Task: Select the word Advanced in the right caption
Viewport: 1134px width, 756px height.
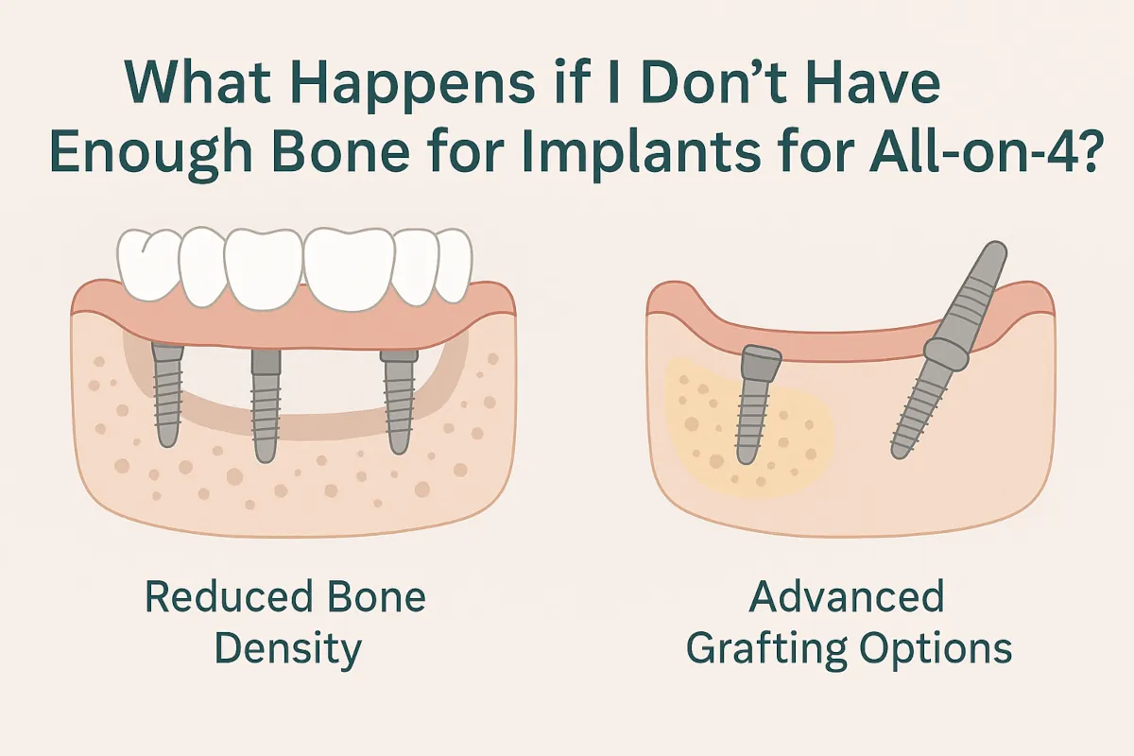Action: coord(849,597)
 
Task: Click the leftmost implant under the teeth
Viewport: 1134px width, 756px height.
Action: coord(168,397)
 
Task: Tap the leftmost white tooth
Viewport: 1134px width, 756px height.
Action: coord(146,265)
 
